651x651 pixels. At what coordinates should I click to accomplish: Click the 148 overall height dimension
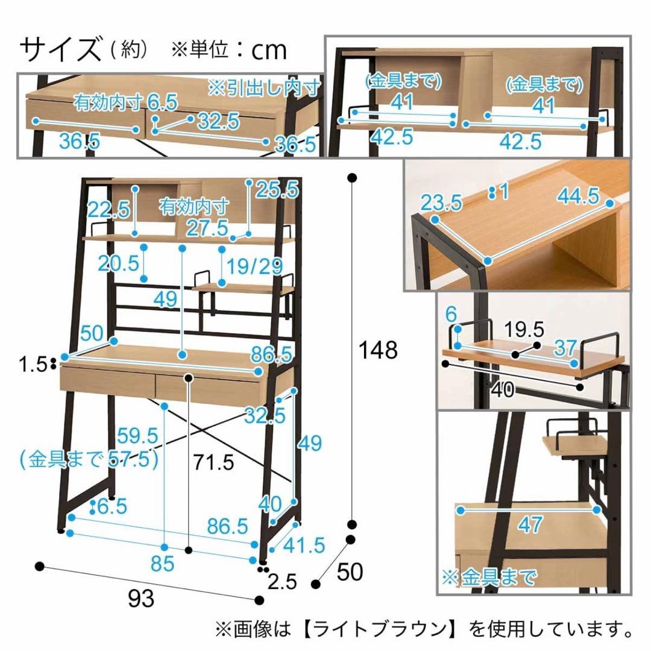[377, 350]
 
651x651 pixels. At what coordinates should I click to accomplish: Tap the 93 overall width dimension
[142, 599]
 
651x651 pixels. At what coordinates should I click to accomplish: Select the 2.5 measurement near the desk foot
[282, 582]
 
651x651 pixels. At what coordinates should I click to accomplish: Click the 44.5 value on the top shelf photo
[578, 196]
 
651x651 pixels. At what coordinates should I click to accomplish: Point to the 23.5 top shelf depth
[441, 203]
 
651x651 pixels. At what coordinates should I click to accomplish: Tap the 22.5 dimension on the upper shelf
[108, 210]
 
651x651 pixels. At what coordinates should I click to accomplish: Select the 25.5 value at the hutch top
[277, 190]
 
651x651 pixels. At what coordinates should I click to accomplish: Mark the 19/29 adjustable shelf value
[254, 266]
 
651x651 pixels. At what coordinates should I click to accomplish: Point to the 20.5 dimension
[119, 263]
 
